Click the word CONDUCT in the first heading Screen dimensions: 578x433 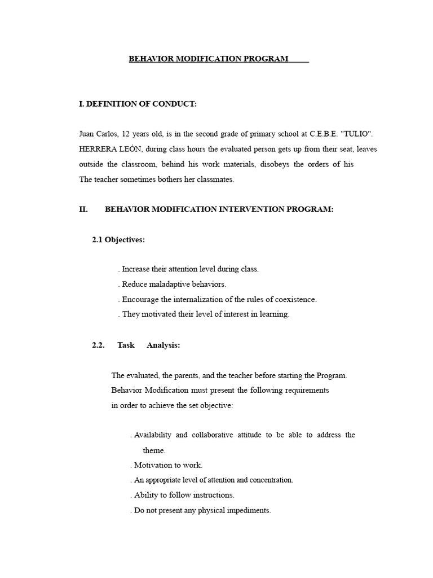point(172,104)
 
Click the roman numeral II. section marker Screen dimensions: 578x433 point(84,209)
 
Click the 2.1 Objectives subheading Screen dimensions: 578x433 point(118,240)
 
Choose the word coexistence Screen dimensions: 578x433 point(294,299)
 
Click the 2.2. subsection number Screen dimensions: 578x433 point(99,345)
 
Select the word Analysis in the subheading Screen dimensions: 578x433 point(163,345)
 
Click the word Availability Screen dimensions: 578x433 point(153,435)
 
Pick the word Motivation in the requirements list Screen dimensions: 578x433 point(153,465)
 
